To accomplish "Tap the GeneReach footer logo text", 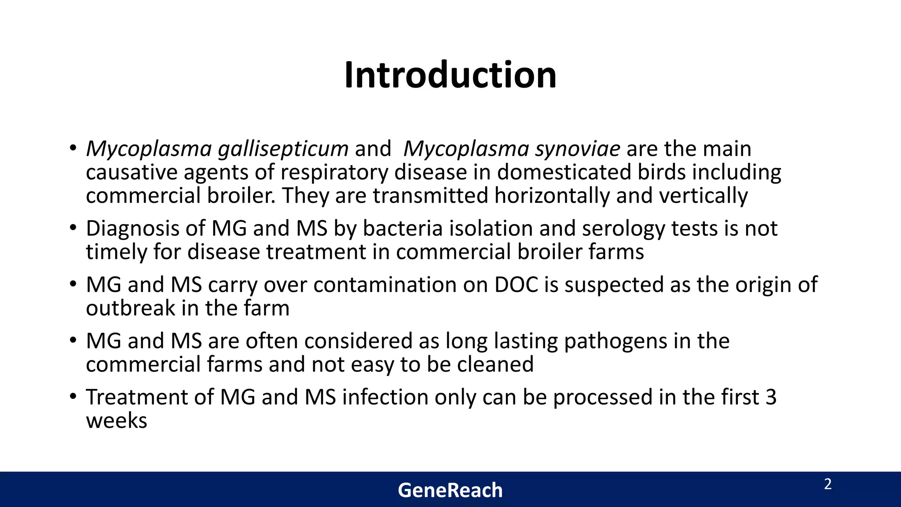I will [450, 490].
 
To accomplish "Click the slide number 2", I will [828, 485].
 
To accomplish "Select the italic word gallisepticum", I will [283, 149].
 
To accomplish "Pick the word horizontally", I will [551, 195].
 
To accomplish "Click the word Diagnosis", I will [145, 229].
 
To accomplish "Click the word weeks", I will [117, 421].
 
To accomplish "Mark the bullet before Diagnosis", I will [73, 229].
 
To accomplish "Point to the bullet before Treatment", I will [73, 397].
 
